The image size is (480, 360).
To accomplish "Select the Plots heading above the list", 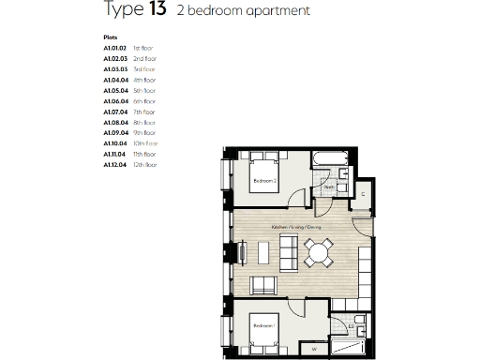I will [111, 38].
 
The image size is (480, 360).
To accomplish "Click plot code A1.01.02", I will [114, 49].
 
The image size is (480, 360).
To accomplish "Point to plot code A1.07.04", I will [114, 112].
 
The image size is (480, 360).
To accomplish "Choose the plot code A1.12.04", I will [114, 164].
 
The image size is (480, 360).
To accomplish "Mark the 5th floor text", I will [142, 91].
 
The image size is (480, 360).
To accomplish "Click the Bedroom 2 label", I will [262, 180].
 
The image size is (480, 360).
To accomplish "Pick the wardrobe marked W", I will [313, 350].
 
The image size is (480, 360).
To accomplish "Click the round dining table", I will [320, 251].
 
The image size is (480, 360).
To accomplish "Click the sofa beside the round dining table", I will [288, 251].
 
